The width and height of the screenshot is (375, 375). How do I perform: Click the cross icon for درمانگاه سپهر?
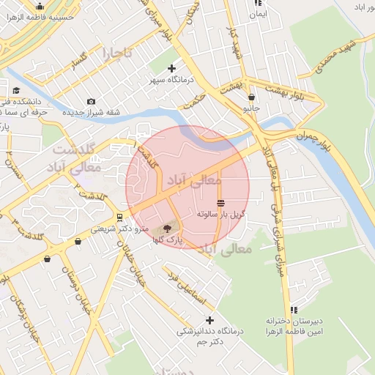click(x=171, y=68)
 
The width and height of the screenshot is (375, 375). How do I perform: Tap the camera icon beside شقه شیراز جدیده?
click(x=91, y=101)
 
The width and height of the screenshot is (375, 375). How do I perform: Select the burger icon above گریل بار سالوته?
click(x=220, y=203)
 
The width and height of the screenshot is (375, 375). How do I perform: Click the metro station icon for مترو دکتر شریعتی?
click(x=119, y=218)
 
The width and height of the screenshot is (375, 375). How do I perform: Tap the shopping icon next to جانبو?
click(x=252, y=96)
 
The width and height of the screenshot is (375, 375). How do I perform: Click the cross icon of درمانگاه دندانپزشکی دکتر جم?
click(x=210, y=320)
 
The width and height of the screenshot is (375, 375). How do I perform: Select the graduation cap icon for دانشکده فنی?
click(x=16, y=90)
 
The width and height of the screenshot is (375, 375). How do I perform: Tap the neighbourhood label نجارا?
click(x=117, y=53)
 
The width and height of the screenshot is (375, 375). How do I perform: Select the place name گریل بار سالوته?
click(x=220, y=215)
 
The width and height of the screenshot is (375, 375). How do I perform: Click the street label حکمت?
click(x=196, y=99)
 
